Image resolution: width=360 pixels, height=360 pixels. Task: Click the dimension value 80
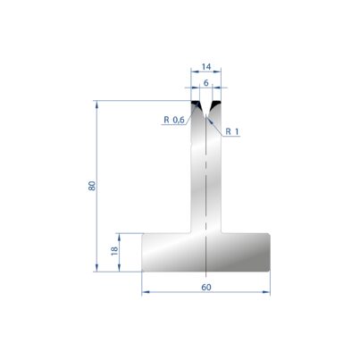click(92, 186)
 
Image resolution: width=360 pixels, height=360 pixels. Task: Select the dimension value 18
click(114, 251)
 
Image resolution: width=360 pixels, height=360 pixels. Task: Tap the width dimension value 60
click(206, 288)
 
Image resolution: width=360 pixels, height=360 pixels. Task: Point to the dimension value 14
click(206, 67)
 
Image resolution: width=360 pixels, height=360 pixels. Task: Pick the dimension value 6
click(206, 83)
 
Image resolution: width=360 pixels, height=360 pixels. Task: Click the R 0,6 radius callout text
click(174, 120)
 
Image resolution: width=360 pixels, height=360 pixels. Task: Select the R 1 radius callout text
click(232, 131)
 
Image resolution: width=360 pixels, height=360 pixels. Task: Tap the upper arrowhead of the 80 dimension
click(96, 104)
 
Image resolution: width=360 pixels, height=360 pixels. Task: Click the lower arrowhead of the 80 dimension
click(96, 268)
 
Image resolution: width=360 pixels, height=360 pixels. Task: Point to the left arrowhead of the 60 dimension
click(145, 292)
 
